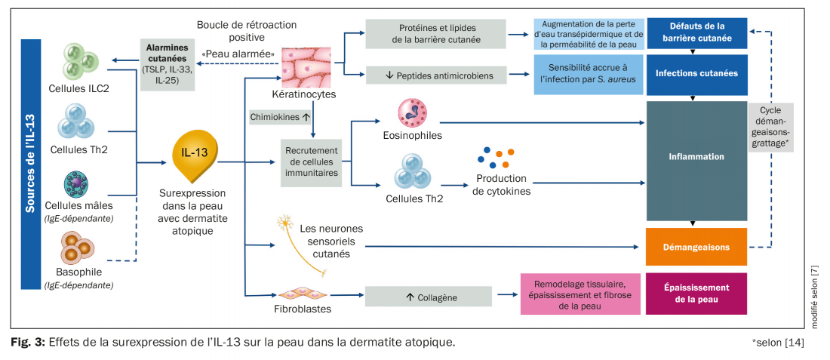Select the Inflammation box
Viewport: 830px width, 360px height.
point(696,157)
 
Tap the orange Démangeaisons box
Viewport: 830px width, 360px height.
point(696,247)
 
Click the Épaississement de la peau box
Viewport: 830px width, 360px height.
point(696,294)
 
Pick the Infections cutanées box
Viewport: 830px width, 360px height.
point(696,74)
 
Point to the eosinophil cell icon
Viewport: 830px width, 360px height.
point(413,112)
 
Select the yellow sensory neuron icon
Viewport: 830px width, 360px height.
point(286,226)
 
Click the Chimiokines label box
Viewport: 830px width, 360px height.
point(279,117)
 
